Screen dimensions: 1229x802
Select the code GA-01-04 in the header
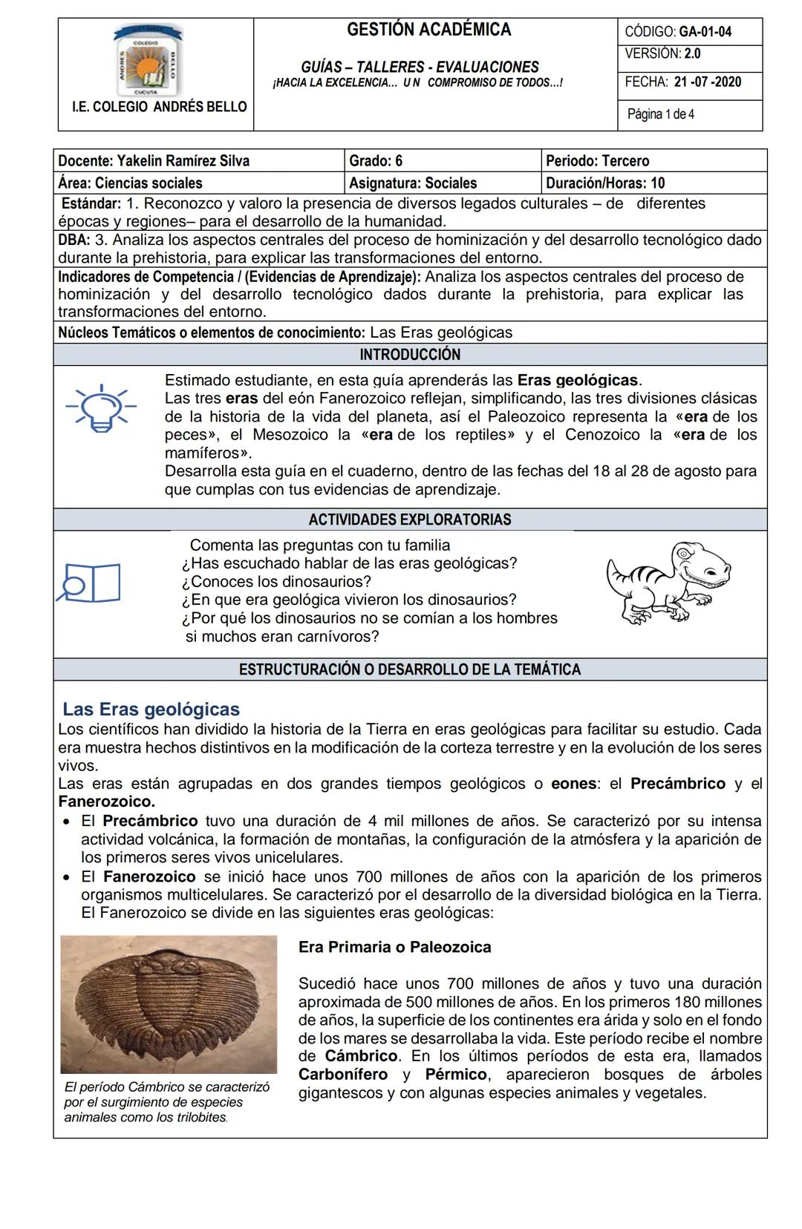(705, 32)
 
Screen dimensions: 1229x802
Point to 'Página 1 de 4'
(661, 114)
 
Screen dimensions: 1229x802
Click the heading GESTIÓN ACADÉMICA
(428, 30)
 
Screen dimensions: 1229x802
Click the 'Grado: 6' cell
(376, 161)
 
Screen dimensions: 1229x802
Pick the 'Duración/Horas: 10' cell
(605, 183)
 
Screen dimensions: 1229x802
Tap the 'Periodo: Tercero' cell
(597, 161)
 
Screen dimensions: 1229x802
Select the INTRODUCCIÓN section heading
(410, 355)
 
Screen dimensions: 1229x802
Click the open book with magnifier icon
(91, 583)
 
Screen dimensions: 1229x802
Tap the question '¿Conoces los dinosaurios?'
(276, 582)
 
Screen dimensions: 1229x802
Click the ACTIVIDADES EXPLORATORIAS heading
(410, 520)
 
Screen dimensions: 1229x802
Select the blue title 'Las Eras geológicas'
(151, 709)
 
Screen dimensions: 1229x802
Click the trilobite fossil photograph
(169, 1003)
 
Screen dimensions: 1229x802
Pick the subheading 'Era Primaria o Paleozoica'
(394, 947)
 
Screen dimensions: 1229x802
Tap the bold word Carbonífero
(343, 1075)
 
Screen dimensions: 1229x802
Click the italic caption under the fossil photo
(166, 1102)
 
